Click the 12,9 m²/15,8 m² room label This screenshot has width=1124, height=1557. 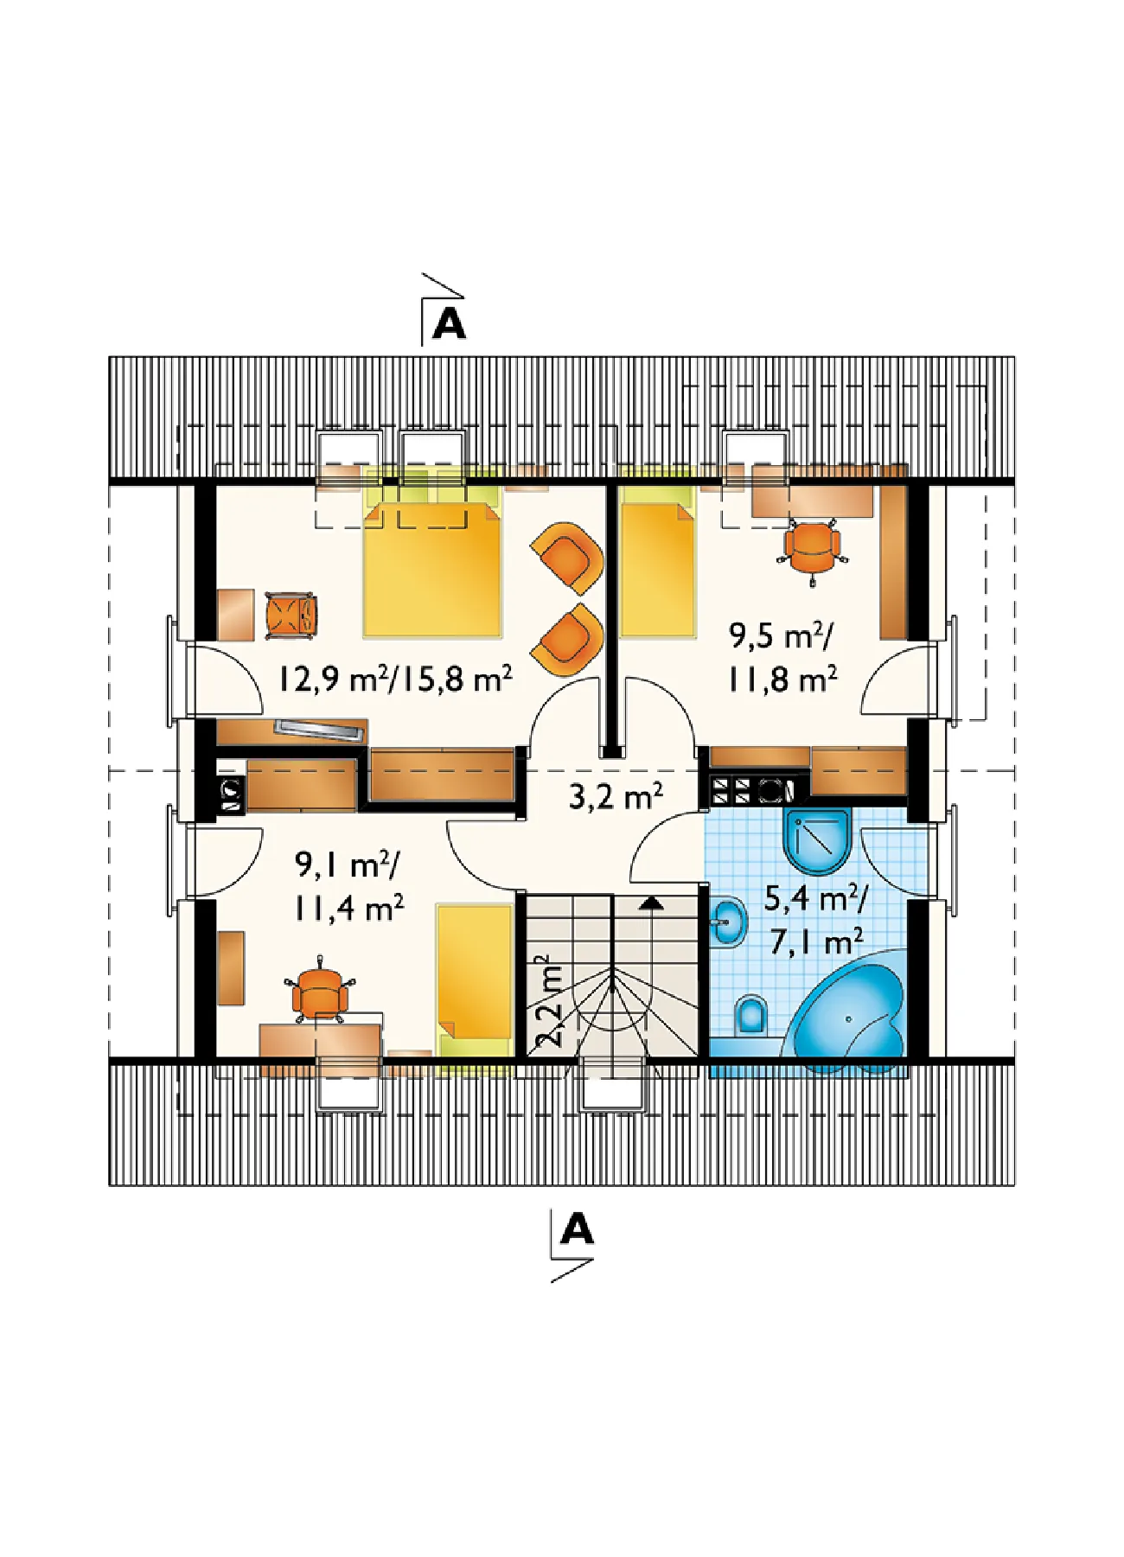click(395, 678)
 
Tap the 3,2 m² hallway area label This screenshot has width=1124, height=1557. click(616, 795)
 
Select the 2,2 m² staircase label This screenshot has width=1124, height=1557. click(548, 1001)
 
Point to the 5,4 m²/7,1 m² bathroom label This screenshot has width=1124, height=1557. click(814, 920)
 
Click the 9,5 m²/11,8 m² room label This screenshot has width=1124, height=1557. click(782, 658)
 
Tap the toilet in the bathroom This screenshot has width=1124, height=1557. click(751, 1017)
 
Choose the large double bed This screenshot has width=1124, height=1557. click(432, 554)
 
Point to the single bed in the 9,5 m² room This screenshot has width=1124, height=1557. click(658, 560)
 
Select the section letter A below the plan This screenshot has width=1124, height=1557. click(577, 1228)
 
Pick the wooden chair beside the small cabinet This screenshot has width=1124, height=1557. click(291, 615)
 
